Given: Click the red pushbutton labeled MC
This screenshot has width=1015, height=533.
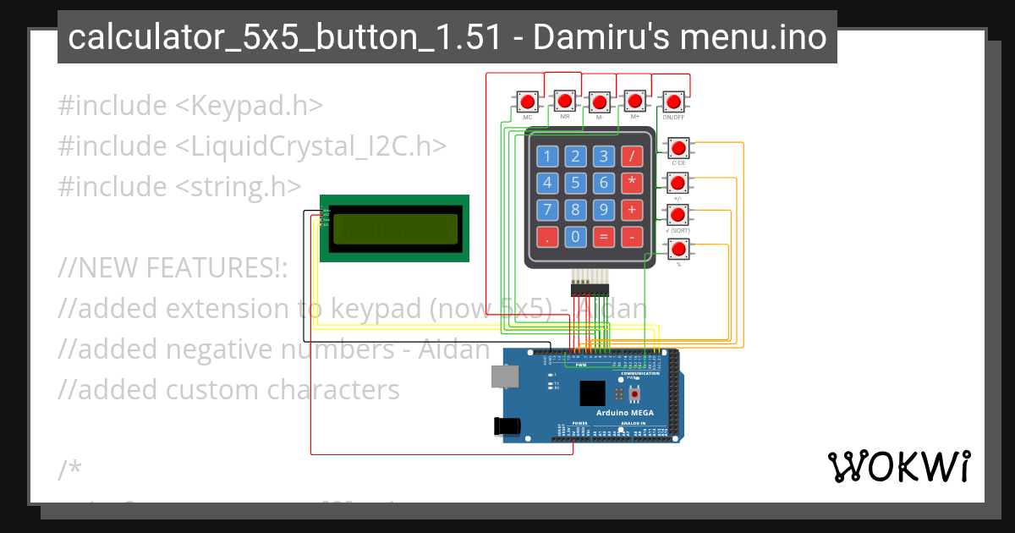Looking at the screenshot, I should (528, 102).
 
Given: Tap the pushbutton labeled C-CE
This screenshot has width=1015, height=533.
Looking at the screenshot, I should (678, 149).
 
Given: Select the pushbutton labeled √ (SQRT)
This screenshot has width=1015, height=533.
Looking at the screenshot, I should (678, 215).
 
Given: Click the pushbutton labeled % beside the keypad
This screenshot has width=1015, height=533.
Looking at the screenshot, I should (678, 249).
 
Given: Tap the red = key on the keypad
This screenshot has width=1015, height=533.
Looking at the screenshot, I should (603, 237).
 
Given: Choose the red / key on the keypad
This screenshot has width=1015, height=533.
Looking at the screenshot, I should (631, 157).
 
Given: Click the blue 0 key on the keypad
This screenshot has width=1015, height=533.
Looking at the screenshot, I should (575, 237).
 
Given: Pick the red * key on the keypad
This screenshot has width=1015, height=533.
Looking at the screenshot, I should (631, 183).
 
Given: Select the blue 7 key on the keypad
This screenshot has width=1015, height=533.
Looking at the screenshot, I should (547, 210).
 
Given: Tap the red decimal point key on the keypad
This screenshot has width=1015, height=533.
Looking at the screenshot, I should (547, 237).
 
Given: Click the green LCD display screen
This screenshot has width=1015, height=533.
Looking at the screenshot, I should (394, 228).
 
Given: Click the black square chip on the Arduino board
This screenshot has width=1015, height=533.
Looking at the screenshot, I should (592, 393).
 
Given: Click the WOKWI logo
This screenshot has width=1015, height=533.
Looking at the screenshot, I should (898, 467).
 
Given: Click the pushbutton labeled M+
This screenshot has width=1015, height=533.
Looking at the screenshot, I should (636, 102).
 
